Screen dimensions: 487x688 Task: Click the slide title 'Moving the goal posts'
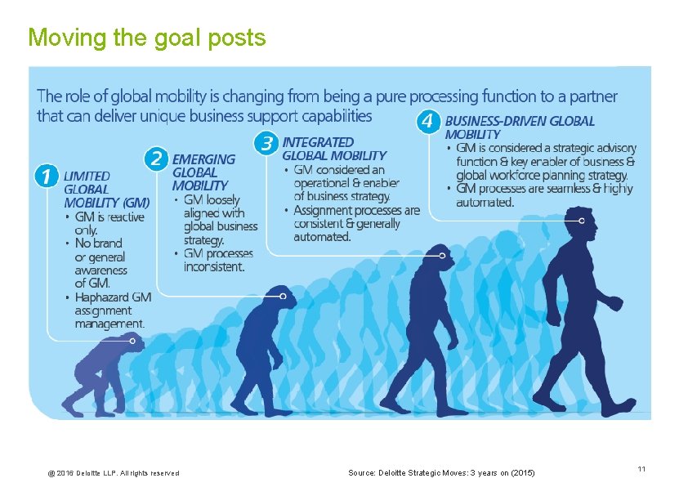point(146,38)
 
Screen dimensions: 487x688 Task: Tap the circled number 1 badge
point(47,176)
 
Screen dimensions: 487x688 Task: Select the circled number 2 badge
point(156,159)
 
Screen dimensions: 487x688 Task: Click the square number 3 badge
point(266,143)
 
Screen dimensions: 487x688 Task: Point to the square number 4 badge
point(427,122)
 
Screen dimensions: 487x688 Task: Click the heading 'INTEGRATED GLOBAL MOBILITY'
point(333,149)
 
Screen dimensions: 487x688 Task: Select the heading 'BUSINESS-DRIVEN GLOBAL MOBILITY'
point(520,127)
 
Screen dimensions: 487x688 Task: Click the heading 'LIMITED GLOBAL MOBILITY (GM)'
point(106,189)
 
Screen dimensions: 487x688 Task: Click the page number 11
point(641,469)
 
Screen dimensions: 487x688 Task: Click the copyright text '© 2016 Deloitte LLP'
point(114,473)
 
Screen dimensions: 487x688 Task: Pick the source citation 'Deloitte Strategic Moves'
point(442,473)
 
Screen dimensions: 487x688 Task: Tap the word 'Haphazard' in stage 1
point(102,297)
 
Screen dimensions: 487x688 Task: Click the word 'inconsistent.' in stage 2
point(214,266)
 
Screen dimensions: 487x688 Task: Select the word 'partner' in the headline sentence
point(594,96)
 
